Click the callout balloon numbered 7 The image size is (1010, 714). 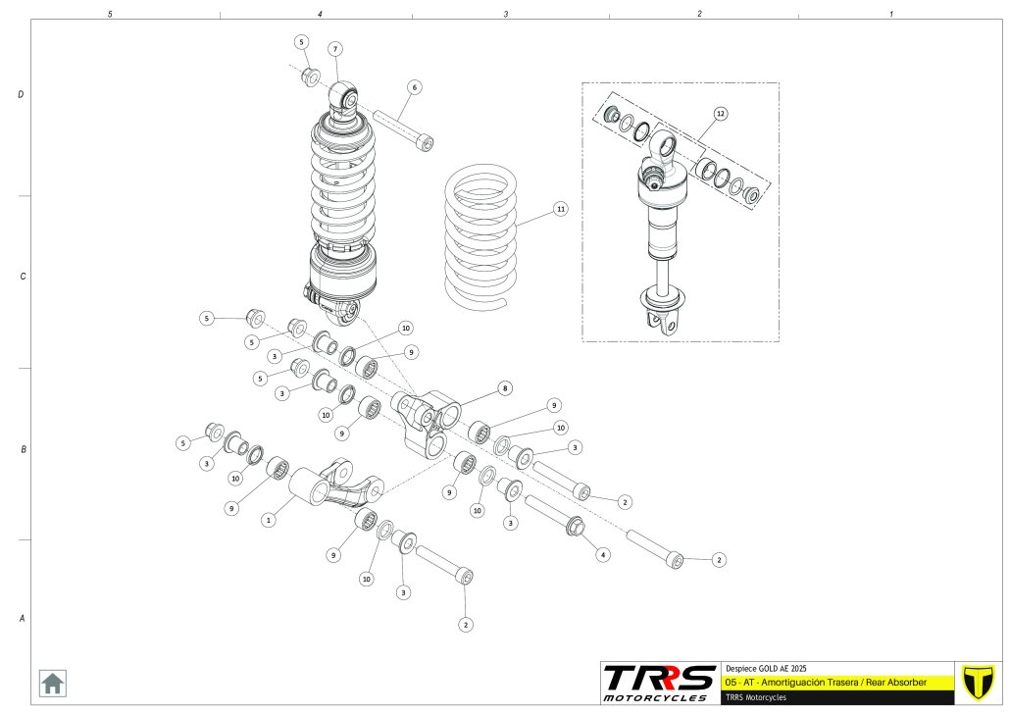click(x=334, y=49)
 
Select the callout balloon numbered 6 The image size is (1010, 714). click(x=414, y=87)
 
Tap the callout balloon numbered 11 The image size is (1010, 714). click(x=560, y=209)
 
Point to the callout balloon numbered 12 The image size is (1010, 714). click(x=720, y=114)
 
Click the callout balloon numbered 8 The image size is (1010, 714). click(x=505, y=388)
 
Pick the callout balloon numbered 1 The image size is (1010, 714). click(x=267, y=521)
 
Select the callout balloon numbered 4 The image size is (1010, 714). click(x=603, y=554)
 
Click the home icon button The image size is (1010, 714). click(x=53, y=682)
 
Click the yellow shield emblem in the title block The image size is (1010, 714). click(x=977, y=682)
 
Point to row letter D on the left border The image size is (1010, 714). click(x=21, y=95)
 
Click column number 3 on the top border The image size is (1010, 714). click(x=506, y=14)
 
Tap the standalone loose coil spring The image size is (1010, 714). click(x=480, y=235)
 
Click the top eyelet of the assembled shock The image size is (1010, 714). click(x=344, y=96)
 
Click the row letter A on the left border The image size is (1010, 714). click(x=21, y=619)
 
